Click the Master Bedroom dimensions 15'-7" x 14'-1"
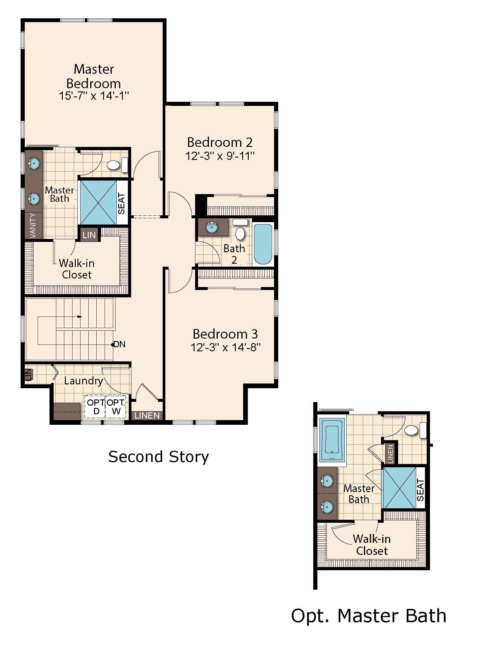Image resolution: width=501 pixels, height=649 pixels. pos(94,96)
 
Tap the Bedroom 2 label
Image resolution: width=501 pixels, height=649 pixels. pos(220,142)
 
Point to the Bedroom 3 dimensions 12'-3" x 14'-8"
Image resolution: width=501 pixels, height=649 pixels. pos(225,347)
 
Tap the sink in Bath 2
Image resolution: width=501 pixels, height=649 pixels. pos(212,227)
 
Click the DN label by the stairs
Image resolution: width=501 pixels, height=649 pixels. pos(119,344)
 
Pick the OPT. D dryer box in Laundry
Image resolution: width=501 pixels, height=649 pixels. pos(95,407)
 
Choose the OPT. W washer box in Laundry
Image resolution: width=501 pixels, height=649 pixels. pos(116,407)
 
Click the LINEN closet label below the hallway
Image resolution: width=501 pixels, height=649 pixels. pos(147,415)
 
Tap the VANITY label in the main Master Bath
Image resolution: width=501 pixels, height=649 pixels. pos(33,226)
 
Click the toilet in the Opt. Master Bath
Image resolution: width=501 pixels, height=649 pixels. pos(416,430)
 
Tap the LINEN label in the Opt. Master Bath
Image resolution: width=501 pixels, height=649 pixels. pos(390,454)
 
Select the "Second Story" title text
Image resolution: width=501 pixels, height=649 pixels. pos(159,457)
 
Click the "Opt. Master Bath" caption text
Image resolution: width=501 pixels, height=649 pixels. pos(369,616)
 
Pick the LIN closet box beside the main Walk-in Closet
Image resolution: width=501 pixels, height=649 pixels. pos(89,235)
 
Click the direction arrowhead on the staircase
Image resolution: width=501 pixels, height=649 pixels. pos(80,317)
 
